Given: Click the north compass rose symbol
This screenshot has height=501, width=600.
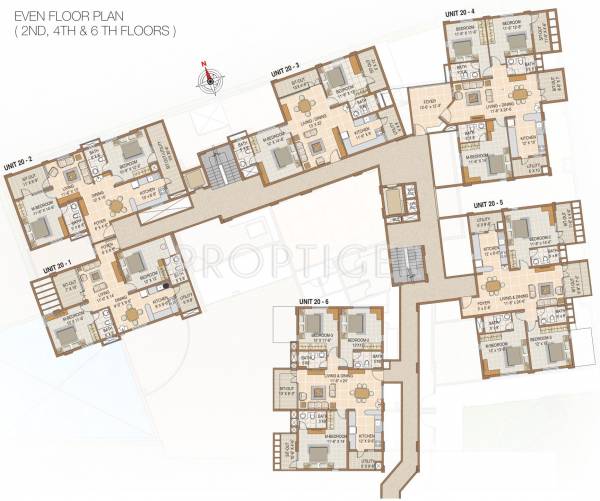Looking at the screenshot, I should pos(210,79).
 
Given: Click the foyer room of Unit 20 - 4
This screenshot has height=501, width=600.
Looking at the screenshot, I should pos(427,102).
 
